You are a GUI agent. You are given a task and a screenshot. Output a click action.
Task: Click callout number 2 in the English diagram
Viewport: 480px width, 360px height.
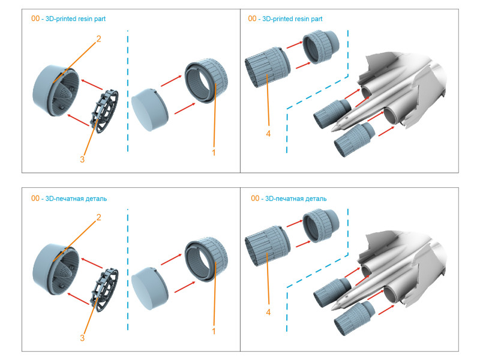click(x=98, y=38)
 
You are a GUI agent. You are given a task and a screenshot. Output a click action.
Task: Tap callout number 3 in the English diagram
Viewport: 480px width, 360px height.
click(x=83, y=160)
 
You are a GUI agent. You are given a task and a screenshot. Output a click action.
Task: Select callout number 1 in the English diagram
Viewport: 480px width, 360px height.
click(x=213, y=152)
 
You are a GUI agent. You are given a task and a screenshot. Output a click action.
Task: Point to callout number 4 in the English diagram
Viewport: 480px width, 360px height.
click(x=268, y=133)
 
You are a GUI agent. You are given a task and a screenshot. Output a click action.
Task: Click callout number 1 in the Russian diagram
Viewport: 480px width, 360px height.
click(x=213, y=331)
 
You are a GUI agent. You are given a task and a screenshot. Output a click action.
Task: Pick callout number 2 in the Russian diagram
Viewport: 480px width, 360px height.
click(x=98, y=217)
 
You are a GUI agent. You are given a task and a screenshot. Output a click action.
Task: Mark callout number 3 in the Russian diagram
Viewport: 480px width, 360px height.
click(x=83, y=338)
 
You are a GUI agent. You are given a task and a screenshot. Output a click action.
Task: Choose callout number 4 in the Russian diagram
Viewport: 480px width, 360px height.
click(x=268, y=312)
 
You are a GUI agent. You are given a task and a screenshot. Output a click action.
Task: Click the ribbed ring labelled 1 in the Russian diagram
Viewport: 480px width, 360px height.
click(x=207, y=258)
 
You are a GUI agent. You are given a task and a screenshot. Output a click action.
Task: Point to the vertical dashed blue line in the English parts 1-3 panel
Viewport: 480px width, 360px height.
click(x=128, y=90)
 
